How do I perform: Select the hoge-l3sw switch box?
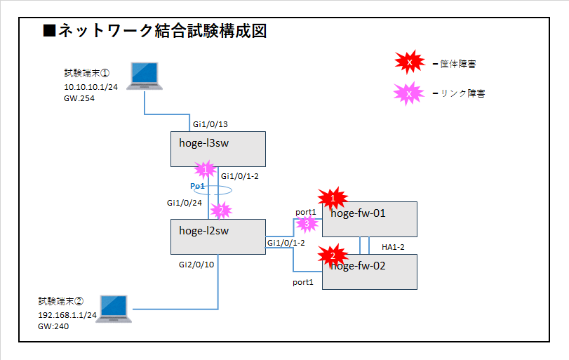[218, 149]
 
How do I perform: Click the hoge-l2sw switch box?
[218, 236]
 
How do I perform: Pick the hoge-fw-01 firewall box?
[370, 219]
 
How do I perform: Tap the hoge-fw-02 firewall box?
[370, 272]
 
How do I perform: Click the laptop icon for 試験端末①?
[146, 76]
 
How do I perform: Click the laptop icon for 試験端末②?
[114, 309]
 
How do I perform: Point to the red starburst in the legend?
[409, 63]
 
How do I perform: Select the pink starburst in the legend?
[409, 93]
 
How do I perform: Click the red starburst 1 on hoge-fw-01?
[333, 199]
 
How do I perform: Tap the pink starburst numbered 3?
[305, 224]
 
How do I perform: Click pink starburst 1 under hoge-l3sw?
[206, 169]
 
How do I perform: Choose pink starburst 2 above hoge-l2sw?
[221, 210]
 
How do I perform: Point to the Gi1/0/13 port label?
[210, 124]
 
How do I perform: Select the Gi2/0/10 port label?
[196, 265]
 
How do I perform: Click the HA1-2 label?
[393, 247]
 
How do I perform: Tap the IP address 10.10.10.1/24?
[91, 87]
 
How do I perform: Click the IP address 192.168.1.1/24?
[67, 316]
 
